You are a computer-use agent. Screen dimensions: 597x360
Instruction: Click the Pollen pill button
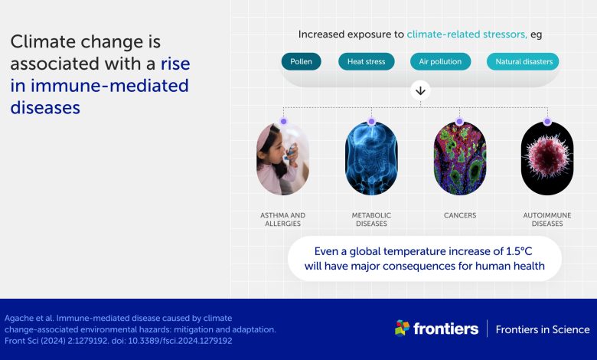pyautogui.click(x=301, y=62)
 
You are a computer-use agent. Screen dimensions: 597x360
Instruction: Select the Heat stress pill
pyautogui.click(x=367, y=62)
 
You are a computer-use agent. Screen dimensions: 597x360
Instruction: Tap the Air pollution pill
pyautogui.click(x=440, y=62)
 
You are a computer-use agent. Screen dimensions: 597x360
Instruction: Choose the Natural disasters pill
pyautogui.click(x=523, y=62)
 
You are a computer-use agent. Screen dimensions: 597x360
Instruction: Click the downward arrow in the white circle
pyautogui.click(x=420, y=91)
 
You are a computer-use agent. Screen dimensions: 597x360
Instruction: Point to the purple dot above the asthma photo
pyautogui.click(x=283, y=122)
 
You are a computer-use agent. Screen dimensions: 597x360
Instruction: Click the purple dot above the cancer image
pyautogui.click(x=459, y=122)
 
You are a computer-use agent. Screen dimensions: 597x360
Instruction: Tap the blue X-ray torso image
pyautogui.click(x=371, y=159)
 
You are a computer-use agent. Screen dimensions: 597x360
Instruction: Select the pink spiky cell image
pyautogui.click(x=547, y=159)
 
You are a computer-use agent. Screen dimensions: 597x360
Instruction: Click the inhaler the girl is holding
pyautogui.click(x=292, y=151)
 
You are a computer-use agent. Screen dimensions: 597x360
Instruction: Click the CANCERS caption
pyautogui.click(x=460, y=215)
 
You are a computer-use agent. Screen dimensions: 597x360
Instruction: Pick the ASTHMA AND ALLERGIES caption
pyautogui.click(x=283, y=219)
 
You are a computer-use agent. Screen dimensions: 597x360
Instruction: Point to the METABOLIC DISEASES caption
pyautogui.click(x=371, y=219)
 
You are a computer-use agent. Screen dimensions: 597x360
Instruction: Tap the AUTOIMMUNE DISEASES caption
pyautogui.click(x=547, y=219)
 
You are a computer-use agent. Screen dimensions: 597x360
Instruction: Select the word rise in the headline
pyautogui.click(x=175, y=64)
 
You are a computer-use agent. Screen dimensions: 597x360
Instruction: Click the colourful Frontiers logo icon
pyautogui.click(x=402, y=328)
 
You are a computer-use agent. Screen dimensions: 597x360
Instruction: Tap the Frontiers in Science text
pyautogui.click(x=543, y=329)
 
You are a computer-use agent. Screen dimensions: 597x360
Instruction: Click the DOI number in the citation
pyautogui.click(x=180, y=341)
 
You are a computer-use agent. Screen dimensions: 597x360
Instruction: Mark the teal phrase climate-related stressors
pyautogui.click(x=467, y=34)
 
